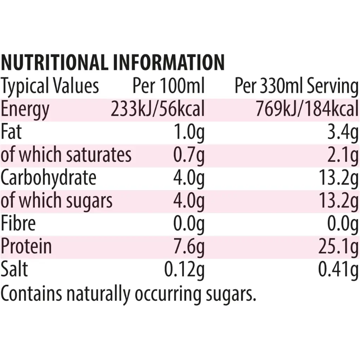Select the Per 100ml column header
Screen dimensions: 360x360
(x=168, y=86)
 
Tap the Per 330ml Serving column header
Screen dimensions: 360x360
(x=296, y=86)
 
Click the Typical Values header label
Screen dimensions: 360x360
(x=50, y=86)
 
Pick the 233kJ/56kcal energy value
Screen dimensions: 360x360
(x=157, y=109)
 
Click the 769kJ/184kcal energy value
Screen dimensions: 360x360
(x=307, y=109)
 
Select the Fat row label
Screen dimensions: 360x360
(x=11, y=132)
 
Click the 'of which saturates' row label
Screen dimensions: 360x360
(x=66, y=155)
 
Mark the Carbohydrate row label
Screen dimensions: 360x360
(x=48, y=178)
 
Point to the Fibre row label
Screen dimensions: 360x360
(x=18, y=223)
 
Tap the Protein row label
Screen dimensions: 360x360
(x=26, y=246)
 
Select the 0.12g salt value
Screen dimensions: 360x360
(x=185, y=270)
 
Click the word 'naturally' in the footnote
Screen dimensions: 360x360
(x=99, y=294)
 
